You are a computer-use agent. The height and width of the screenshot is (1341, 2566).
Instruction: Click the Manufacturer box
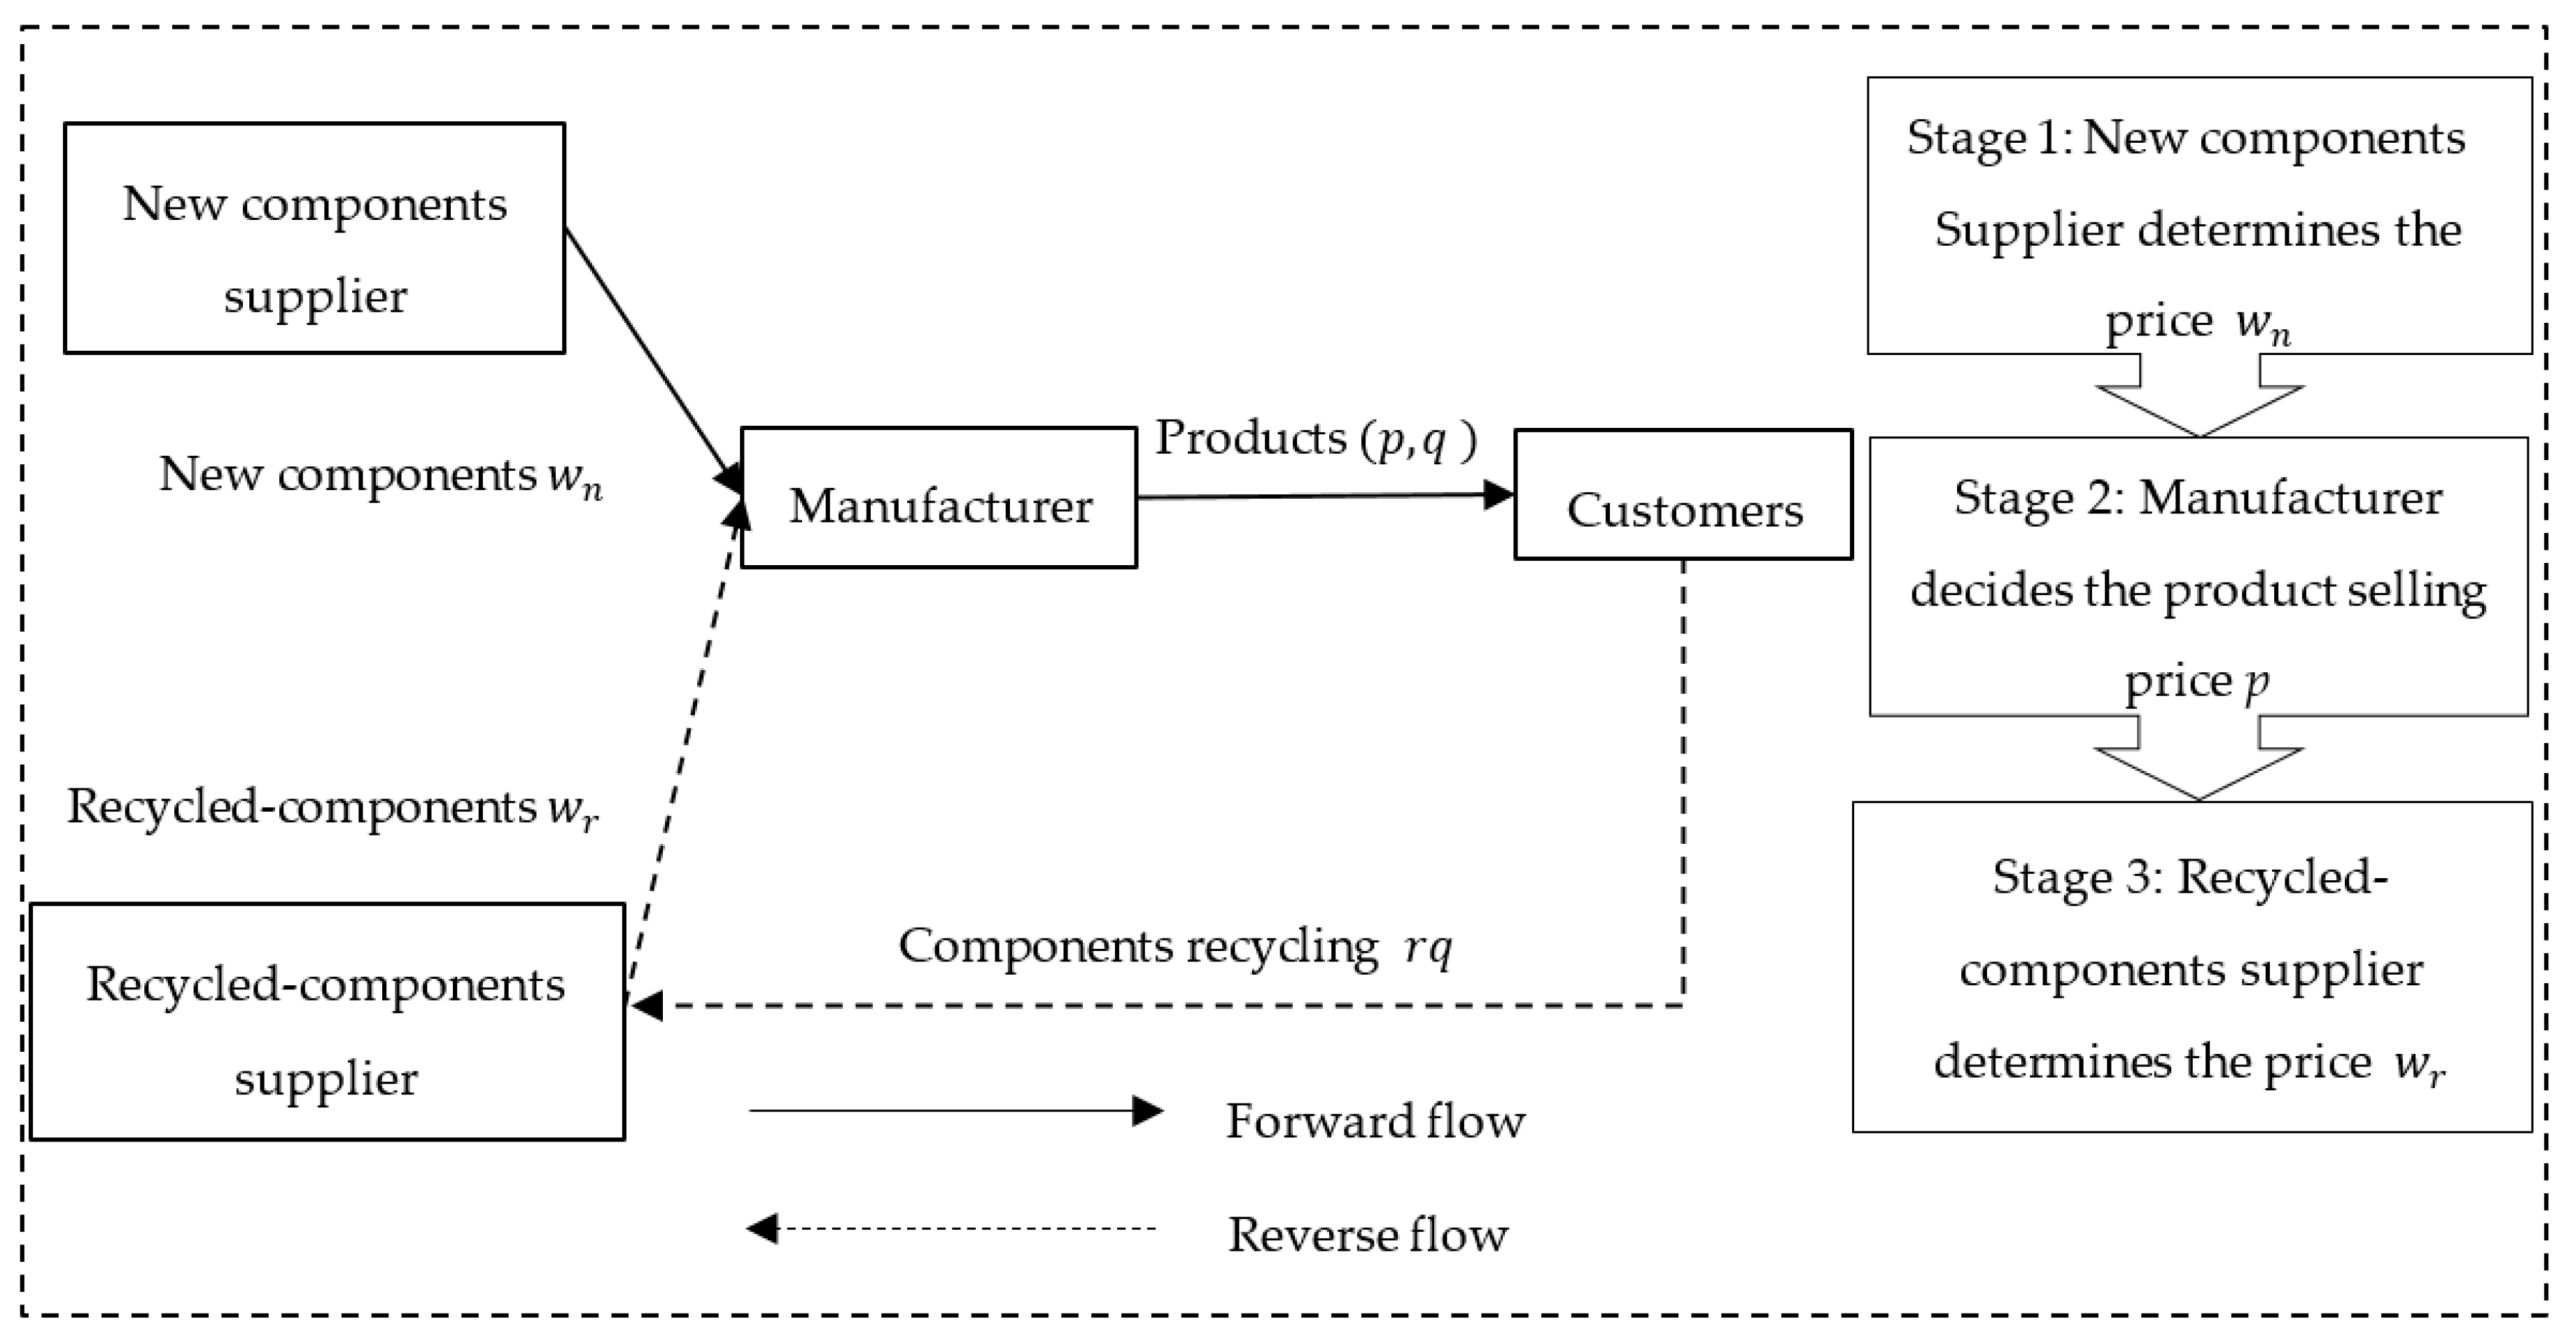point(939,498)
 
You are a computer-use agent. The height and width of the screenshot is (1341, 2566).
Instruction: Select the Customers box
point(1683,495)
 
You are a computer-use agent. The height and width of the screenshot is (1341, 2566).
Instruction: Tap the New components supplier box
point(315,238)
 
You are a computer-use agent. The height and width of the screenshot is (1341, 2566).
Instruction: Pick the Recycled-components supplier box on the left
point(328,1021)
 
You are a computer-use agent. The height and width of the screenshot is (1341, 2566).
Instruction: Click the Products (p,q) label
point(1315,438)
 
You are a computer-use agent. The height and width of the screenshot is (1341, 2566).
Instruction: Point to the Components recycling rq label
point(1175,947)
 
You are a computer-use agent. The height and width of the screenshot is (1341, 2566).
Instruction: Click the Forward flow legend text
point(1375,1122)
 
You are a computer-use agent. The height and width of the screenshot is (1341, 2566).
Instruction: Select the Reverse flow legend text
point(1368,1235)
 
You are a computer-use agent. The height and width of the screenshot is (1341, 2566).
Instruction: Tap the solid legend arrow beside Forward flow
point(956,1111)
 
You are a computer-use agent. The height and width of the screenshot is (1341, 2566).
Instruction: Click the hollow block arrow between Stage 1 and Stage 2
point(2199,403)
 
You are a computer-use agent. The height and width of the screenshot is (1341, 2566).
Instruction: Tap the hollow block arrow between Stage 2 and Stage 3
point(2199,767)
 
